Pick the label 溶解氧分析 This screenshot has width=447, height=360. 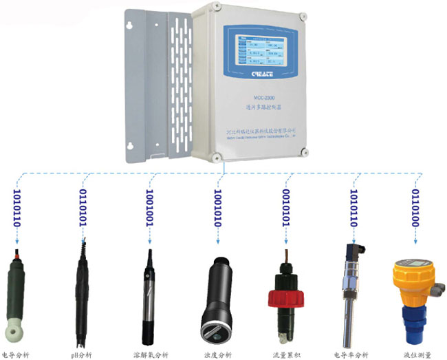pyautogui.click(x=150, y=354)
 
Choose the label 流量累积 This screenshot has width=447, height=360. pyautogui.click(x=285, y=354)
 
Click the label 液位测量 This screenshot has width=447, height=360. pyautogui.click(x=417, y=354)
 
